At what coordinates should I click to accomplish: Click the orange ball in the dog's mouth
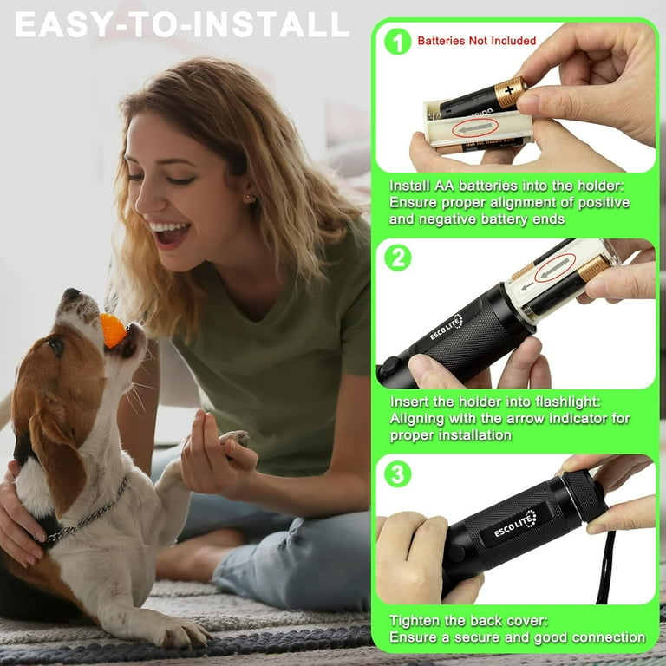[x=113, y=330]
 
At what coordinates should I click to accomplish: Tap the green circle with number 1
[x=397, y=41]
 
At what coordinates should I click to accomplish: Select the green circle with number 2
[x=397, y=257]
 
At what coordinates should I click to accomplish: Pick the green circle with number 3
[x=397, y=473]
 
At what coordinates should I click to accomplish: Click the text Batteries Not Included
[x=477, y=41]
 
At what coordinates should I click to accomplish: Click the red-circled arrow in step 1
[x=475, y=129]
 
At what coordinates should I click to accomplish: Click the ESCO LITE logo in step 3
[x=515, y=524]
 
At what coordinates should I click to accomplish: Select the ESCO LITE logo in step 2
[x=447, y=328]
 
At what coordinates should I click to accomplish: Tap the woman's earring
[x=249, y=199]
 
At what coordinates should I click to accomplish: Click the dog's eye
[x=56, y=346]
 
